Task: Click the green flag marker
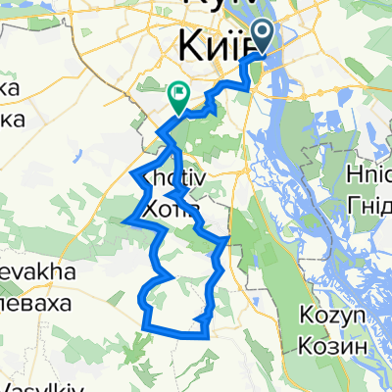click(x=178, y=95)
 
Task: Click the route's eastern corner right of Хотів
click(x=227, y=238)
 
